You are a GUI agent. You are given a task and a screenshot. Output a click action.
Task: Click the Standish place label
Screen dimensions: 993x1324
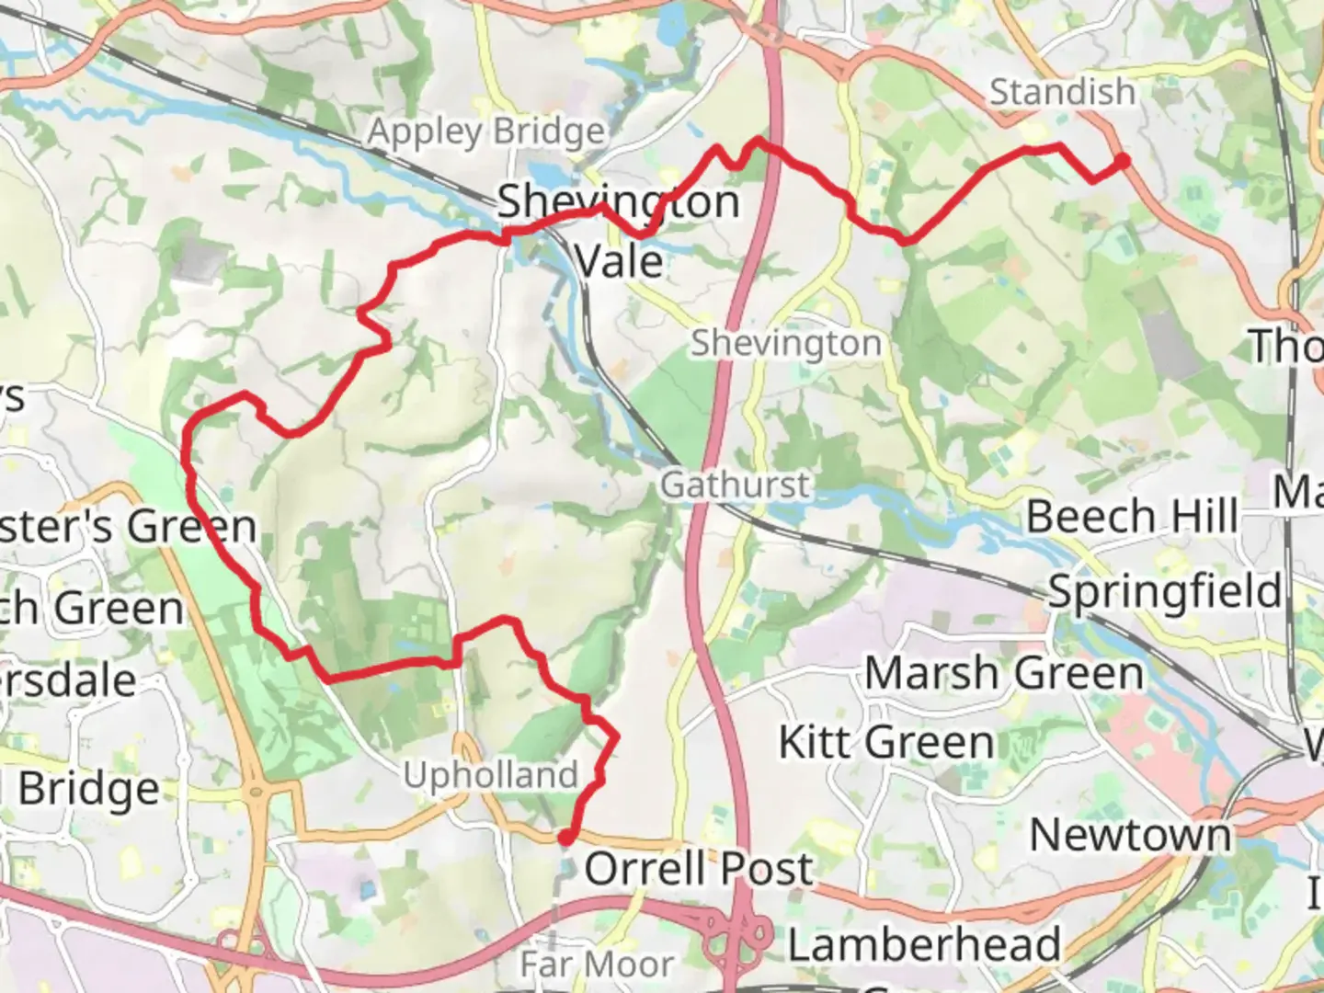click(1062, 92)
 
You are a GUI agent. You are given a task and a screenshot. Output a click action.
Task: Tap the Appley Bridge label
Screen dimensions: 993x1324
click(486, 132)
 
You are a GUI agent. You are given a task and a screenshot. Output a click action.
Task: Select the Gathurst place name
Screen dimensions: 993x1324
click(736, 485)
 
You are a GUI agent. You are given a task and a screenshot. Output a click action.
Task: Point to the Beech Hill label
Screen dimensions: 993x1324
click(1132, 516)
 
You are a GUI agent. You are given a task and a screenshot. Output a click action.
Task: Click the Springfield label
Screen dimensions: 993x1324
click(1165, 591)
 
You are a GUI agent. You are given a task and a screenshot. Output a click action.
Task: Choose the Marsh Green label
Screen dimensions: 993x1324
click(1004, 673)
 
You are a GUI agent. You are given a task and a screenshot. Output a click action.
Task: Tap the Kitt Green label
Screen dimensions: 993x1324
click(886, 742)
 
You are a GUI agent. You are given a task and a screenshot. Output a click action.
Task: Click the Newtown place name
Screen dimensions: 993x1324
click(1130, 835)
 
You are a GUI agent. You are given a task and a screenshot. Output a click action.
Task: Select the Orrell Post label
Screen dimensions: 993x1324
click(699, 868)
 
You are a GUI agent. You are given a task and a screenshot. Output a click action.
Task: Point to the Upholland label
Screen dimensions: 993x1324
click(490, 775)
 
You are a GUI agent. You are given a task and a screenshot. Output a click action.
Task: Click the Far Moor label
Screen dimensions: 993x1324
click(597, 964)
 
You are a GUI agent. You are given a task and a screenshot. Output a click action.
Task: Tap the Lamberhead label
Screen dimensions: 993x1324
click(924, 944)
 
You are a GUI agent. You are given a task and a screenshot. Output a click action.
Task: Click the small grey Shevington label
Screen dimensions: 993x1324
click(786, 343)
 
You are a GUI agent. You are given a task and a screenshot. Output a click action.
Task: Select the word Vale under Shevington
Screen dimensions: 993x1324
click(619, 261)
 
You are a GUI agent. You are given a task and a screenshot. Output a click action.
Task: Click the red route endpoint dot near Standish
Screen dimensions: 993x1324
click(1122, 162)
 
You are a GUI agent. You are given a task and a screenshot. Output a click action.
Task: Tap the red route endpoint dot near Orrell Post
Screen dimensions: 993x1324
click(566, 837)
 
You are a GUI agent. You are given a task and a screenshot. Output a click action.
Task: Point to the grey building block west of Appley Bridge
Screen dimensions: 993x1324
click(197, 258)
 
